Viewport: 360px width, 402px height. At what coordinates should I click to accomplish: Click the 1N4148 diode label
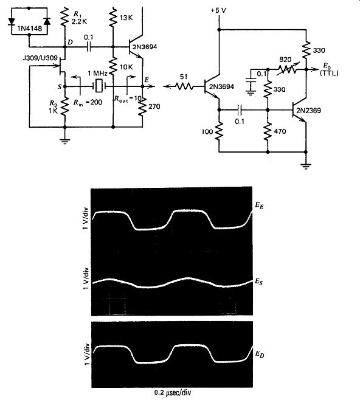(29, 28)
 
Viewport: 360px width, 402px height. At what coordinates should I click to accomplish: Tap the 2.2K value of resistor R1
(79, 21)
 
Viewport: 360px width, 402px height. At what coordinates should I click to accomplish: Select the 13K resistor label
(126, 18)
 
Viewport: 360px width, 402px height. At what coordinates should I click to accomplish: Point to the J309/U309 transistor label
(40, 58)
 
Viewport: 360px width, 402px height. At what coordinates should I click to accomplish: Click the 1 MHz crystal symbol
(99, 86)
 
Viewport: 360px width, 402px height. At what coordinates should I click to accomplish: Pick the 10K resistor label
(126, 67)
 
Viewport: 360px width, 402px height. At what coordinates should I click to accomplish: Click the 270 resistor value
(154, 106)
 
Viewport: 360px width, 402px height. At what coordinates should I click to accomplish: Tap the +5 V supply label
(218, 10)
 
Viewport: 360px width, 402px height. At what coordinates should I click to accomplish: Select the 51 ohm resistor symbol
(185, 86)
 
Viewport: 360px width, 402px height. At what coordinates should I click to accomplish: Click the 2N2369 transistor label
(308, 111)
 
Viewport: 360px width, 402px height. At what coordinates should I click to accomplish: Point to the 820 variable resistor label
(285, 60)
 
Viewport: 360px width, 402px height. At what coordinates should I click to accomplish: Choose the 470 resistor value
(280, 131)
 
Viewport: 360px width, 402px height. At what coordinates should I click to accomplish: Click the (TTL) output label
(329, 73)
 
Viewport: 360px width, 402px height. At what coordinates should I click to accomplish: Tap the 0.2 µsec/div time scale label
(173, 392)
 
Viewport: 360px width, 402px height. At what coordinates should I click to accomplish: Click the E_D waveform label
(260, 354)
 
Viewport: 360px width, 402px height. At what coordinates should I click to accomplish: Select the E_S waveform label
(259, 282)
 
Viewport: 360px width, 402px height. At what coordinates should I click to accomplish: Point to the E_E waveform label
(259, 206)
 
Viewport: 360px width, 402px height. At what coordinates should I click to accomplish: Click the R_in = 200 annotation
(88, 102)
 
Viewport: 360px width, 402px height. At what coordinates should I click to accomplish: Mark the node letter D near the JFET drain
(70, 42)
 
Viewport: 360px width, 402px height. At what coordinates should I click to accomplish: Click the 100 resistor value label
(207, 132)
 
